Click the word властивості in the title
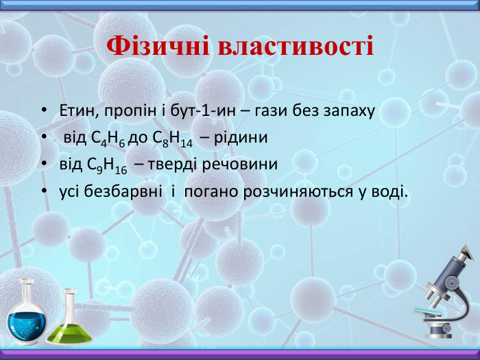(296, 47)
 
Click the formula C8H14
(172, 139)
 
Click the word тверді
(170, 165)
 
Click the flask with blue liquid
(28, 315)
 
